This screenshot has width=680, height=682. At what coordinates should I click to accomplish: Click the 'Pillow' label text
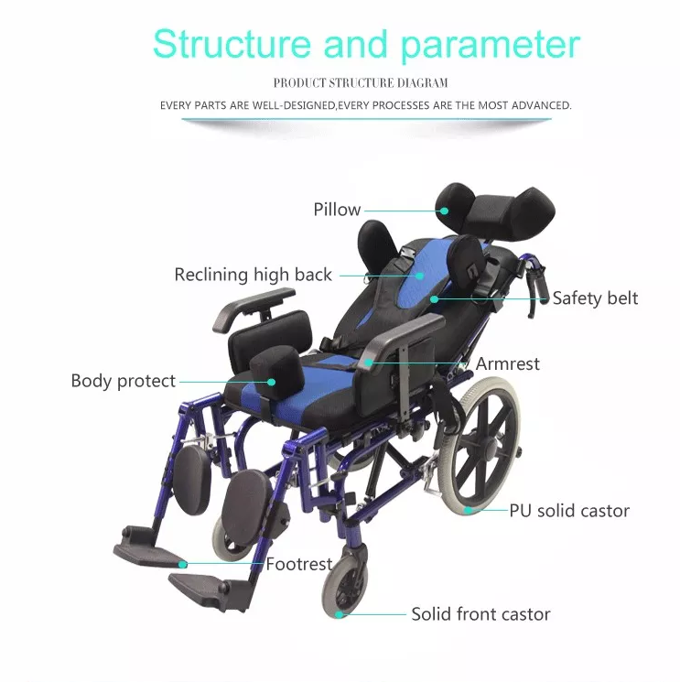click(337, 210)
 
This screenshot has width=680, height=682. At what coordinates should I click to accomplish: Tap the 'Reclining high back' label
click(253, 275)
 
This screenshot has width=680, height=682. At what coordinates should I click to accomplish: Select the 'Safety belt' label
click(595, 298)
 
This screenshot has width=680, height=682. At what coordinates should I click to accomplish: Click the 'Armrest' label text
click(507, 363)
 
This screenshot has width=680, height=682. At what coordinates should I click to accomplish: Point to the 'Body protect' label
click(123, 381)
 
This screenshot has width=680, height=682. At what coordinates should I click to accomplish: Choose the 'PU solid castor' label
click(569, 511)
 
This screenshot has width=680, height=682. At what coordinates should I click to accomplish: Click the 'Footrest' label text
click(299, 564)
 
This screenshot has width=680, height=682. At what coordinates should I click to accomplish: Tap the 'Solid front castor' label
click(480, 614)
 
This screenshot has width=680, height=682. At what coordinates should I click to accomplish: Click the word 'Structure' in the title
click(232, 44)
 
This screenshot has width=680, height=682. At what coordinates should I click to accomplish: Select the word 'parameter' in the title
click(491, 46)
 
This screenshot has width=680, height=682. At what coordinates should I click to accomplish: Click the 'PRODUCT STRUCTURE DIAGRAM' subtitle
click(361, 82)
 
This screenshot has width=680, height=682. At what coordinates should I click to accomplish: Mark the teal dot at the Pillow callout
click(444, 211)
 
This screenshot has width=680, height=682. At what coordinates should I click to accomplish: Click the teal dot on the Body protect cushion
click(271, 383)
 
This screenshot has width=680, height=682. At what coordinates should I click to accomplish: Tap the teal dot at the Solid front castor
click(340, 614)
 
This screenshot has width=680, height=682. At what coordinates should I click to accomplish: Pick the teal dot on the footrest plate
click(183, 565)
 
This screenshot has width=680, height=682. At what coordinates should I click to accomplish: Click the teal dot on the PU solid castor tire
click(469, 510)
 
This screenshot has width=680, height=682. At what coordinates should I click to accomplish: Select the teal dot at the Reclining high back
click(419, 276)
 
